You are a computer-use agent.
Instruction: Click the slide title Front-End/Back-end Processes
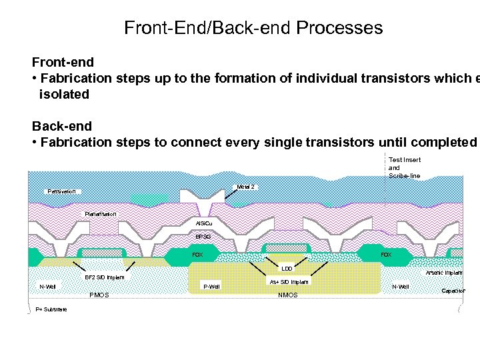coord(253,28)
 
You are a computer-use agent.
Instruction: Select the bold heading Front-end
coord(63,62)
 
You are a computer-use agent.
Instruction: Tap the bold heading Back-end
coord(62,126)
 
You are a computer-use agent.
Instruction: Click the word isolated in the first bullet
coord(64,94)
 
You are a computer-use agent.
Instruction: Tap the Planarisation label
coord(101,213)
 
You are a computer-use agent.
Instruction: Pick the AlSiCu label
coord(204,223)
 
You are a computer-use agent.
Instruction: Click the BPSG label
coord(203,237)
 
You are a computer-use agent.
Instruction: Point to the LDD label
coord(287,269)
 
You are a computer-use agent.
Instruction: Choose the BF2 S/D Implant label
coord(103,277)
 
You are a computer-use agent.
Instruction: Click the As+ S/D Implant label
coord(289,282)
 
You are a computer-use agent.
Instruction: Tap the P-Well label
coord(211,287)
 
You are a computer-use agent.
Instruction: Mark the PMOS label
coord(99,295)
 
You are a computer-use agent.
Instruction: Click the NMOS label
coord(288,295)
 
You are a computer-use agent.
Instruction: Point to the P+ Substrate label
coord(51,309)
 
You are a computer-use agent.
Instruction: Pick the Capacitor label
coord(453,291)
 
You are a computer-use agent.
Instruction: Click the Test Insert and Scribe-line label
coord(405,167)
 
